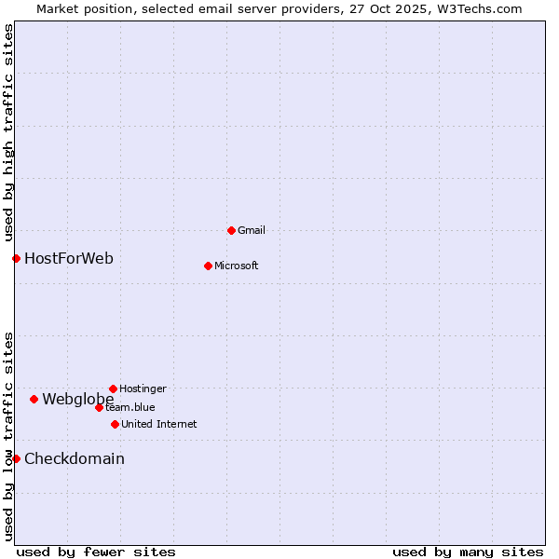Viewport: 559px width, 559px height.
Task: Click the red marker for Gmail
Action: coord(231,230)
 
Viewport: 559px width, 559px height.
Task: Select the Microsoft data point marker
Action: coord(208,266)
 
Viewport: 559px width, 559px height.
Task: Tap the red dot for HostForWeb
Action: coord(16,258)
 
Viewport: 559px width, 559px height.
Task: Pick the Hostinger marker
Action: coord(113,389)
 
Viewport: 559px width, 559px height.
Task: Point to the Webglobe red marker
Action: coord(34,399)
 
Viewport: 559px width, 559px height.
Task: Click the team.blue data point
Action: coord(99,407)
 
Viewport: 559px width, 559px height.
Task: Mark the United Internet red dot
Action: coord(115,424)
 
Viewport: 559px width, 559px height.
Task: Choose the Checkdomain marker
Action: coord(16,458)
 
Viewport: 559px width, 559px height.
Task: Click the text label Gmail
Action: coord(252,230)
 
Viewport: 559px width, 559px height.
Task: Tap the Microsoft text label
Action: coord(237,266)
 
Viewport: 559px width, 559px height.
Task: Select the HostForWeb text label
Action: coord(69,258)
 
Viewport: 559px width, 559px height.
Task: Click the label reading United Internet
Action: coord(159,424)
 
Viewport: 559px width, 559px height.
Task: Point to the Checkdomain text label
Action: coord(75,458)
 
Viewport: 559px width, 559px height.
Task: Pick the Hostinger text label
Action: coord(143,389)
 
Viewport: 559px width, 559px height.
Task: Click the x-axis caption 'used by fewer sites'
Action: coord(96,552)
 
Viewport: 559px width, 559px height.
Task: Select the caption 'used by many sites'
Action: coord(468,552)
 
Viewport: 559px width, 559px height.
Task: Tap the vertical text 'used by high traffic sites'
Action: coord(9,133)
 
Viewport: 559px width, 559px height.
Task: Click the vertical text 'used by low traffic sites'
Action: coord(9,436)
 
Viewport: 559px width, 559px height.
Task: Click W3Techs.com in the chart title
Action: coord(478,8)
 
